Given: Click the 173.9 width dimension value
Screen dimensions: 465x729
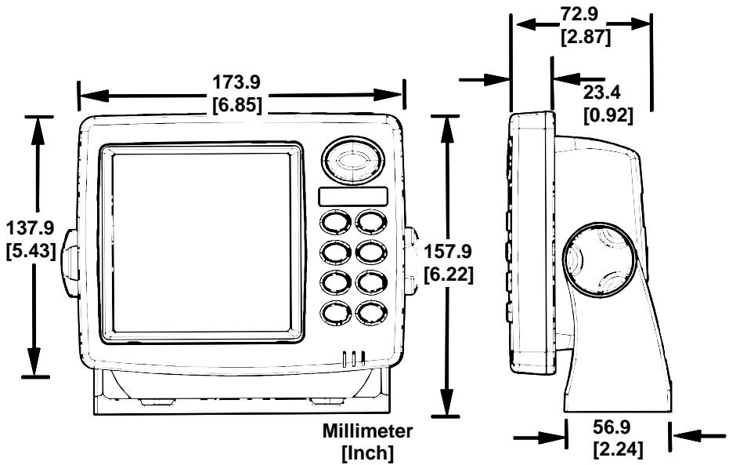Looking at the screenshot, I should coord(240,82).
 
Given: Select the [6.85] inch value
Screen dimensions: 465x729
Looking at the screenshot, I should coord(240,104).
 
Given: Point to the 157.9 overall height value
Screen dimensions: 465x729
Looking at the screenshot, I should coord(447,252).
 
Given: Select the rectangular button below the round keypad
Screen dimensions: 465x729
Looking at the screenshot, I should coord(353,197).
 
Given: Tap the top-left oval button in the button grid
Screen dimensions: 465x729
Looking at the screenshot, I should coord(336,222).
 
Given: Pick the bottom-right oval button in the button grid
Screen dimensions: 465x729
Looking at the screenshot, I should coord(370,312).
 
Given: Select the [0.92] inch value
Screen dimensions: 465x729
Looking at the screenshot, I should coord(608,114).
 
